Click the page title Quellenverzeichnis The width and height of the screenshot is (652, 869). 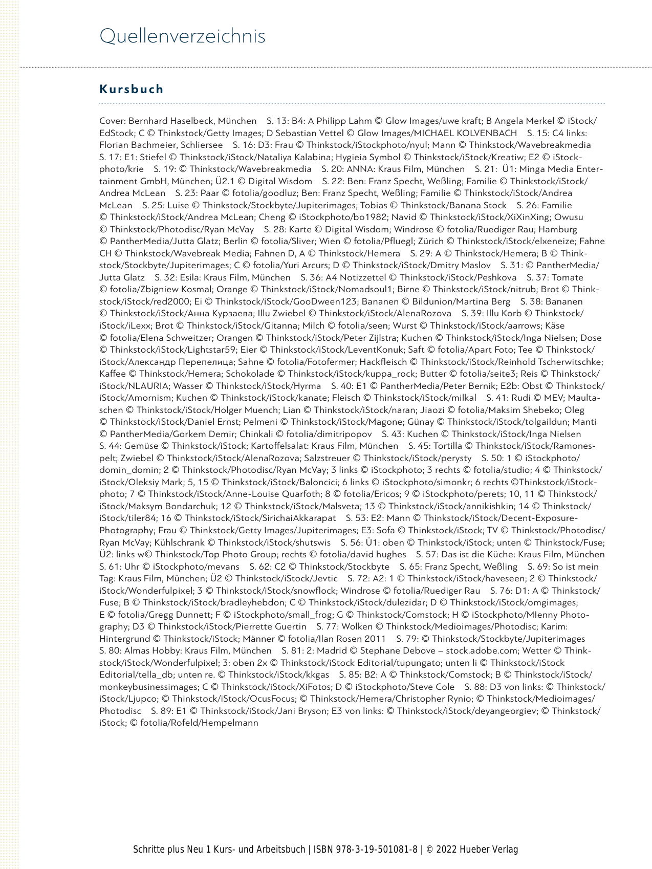point(182,36)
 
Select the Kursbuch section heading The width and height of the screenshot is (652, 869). point(132,89)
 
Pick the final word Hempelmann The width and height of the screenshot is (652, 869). point(232,723)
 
